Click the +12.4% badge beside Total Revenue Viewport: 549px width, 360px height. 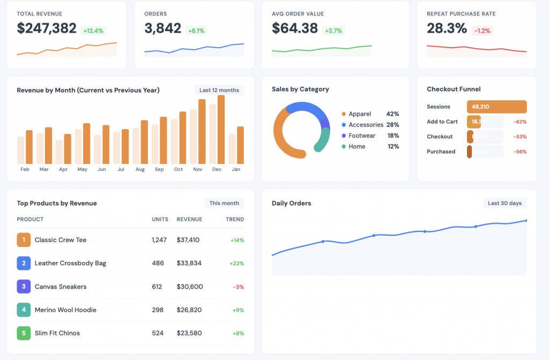(x=93, y=31)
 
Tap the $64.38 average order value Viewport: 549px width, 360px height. (x=294, y=28)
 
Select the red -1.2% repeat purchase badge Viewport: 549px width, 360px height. (x=483, y=31)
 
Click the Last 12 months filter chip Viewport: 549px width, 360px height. (x=219, y=90)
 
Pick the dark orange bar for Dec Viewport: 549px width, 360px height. (x=221, y=130)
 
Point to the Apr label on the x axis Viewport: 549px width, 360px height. (x=63, y=169)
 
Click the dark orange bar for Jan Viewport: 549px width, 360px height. (x=240, y=145)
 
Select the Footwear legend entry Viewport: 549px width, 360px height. (x=361, y=136)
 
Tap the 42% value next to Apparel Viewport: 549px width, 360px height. (x=392, y=114)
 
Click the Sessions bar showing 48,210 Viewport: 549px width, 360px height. (x=496, y=107)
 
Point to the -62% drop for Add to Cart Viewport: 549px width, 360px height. (x=520, y=122)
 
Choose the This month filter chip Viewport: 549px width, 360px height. (x=224, y=203)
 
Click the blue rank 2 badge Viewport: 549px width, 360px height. (x=24, y=263)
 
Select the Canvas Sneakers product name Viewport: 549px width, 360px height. (x=61, y=287)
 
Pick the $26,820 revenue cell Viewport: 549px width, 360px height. (x=189, y=310)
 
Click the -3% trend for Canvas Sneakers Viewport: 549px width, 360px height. (x=238, y=287)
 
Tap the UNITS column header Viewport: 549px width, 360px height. (x=160, y=219)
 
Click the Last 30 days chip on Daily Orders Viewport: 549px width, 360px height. (x=505, y=203)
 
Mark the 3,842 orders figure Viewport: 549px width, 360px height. (x=162, y=28)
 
